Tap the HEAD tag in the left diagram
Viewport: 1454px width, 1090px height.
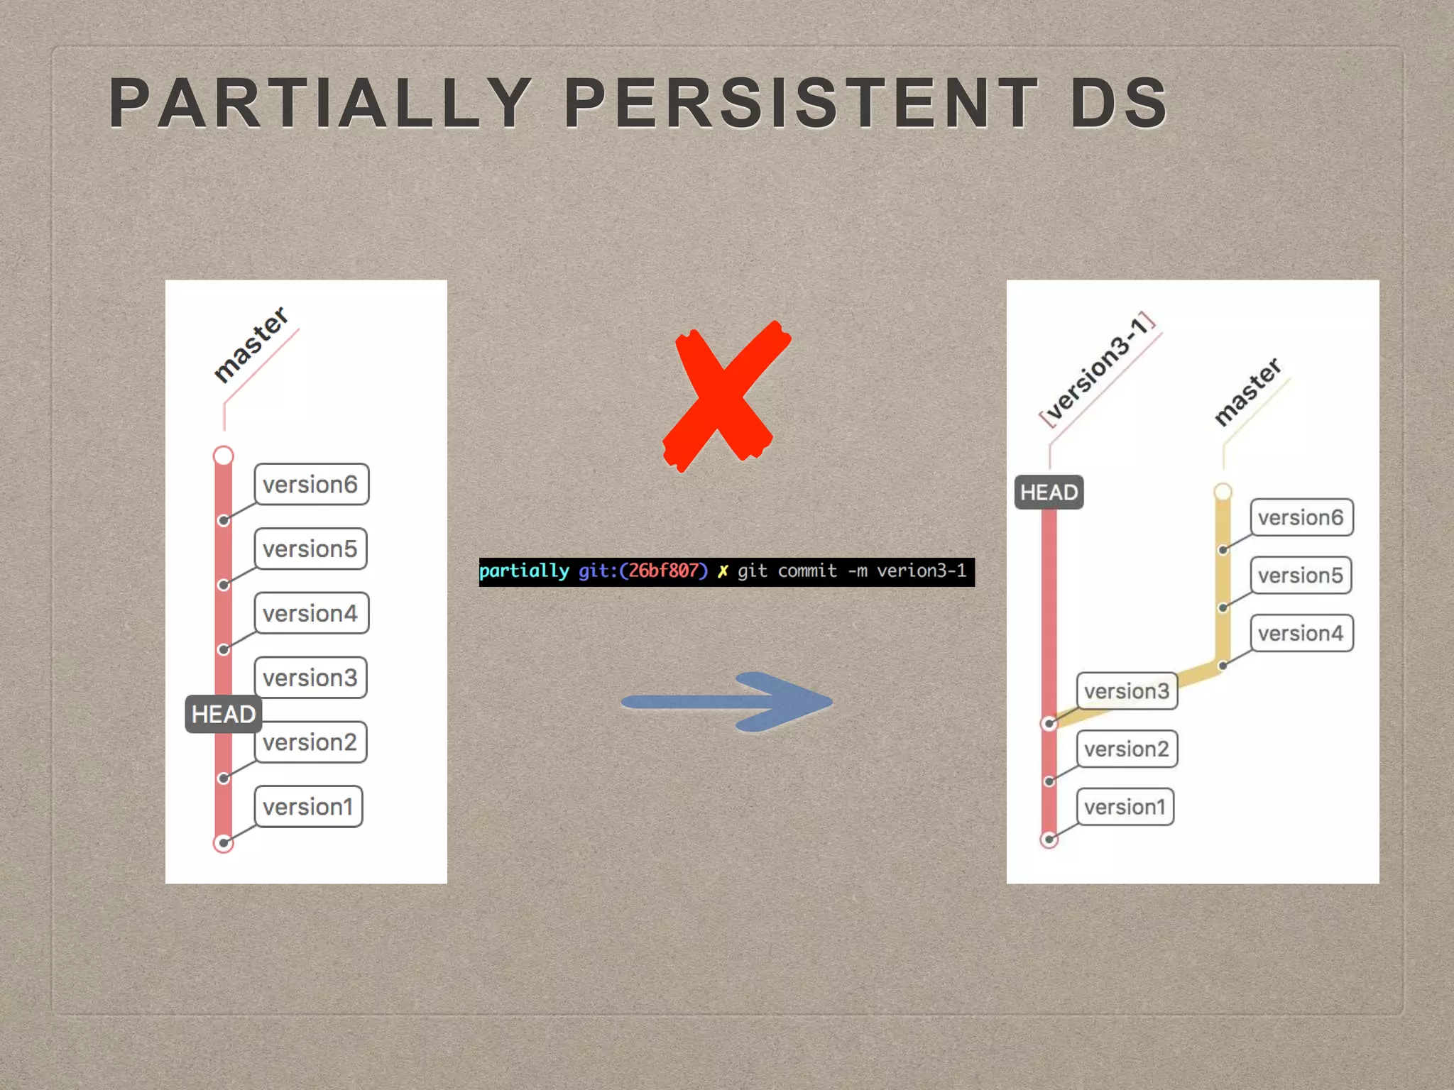tap(223, 714)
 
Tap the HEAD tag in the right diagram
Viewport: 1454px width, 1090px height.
tap(1049, 492)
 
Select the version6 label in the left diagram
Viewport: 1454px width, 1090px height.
tap(311, 485)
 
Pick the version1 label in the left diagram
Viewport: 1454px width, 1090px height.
tap(308, 807)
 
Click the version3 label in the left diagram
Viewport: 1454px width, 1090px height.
tap(310, 678)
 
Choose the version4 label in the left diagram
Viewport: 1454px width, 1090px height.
tap(311, 613)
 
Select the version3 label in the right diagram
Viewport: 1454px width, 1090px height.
tap(1127, 691)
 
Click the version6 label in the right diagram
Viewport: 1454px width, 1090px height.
tap(1301, 517)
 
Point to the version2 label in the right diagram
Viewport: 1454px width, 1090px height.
tap(1127, 749)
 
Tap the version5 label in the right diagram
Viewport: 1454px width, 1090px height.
tap(1301, 576)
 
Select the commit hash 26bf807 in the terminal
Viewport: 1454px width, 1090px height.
tap(663, 571)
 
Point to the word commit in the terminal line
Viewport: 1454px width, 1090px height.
tap(807, 571)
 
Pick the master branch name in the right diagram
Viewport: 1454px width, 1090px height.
tap(1247, 392)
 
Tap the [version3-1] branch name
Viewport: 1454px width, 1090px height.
tap(1096, 369)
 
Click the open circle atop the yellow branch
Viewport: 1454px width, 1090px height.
tap(1223, 492)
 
